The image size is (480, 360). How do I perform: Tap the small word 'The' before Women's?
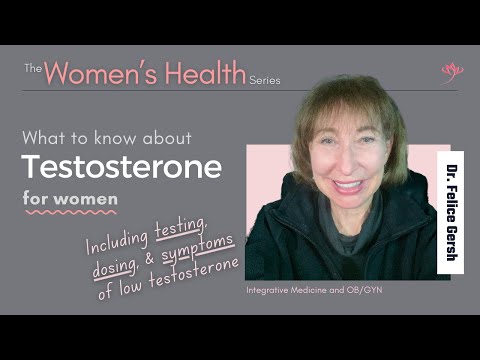(32, 68)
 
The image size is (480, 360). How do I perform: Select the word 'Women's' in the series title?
(96, 72)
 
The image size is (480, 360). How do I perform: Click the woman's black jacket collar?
(300, 225)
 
